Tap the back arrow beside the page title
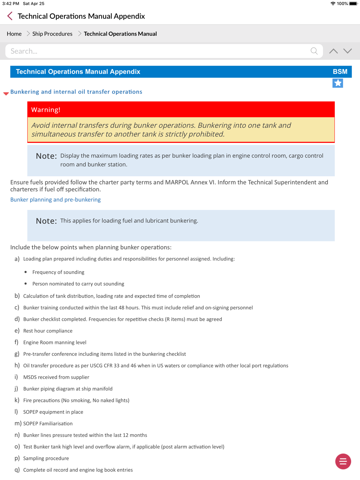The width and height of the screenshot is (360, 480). tap(10, 16)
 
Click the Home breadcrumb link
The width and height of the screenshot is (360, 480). tap(14, 34)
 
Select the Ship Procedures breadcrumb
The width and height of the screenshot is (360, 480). tap(52, 34)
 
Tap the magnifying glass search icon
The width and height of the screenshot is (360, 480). tap(314, 51)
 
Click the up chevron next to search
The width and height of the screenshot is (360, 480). tap(333, 51)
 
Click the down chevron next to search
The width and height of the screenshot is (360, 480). tap(347, 51)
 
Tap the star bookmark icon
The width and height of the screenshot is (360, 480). tap(338, 83)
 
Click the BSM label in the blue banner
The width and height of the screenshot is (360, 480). tap(340, 72)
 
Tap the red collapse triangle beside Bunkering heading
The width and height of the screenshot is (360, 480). tap(6, 94)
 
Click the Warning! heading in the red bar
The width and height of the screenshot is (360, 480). tap(46, 110)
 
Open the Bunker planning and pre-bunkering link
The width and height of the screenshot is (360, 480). tap(55, 200)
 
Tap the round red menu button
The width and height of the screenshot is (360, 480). tap(343, 461)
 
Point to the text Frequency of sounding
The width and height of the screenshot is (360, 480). tap(58, 272)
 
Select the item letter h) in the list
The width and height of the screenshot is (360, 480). tap(17, 366)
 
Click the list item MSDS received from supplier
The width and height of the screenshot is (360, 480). tap(56, 377)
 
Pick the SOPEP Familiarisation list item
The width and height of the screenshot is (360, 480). tap(48, 424)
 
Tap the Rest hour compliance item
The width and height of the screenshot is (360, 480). tap(48, 331)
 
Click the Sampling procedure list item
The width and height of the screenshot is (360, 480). tap(46, 458)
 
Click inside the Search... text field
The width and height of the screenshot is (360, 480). tap(158, 51)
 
